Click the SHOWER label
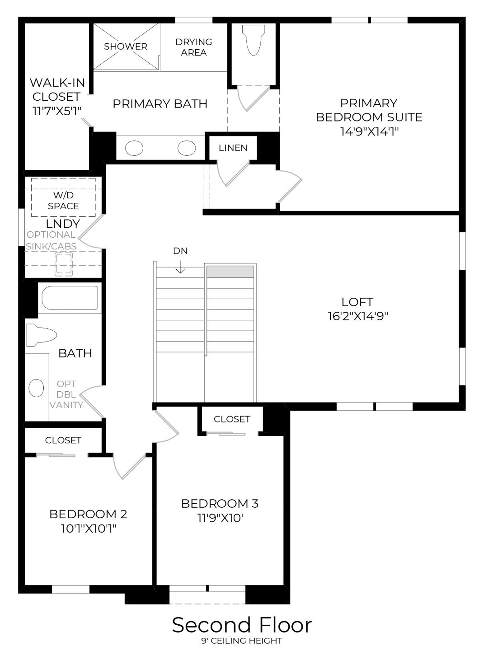click(x=126, y=46)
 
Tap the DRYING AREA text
click(x=194, y=47)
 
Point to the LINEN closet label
click(x=233, y=148)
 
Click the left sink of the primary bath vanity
click(x=134, y=148)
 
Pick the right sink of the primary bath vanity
click(x=187, y=148)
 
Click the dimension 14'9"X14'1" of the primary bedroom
click(x=369, y=131)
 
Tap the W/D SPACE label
click(x=63, y=201)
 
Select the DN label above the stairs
click(x=180, y=251)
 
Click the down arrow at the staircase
click(x=180, y=267)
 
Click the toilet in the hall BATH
click(x=42, y=335)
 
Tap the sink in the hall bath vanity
click(x=36, y=388)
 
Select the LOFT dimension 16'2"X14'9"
click(x=358, y=316)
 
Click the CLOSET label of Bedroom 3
click(x=232, y=419)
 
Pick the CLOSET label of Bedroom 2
click(x=63, y=440)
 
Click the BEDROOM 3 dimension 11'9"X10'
click(x=220, y=518)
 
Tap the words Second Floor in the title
click(x=242, y=625)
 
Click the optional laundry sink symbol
click(x=63, y=264)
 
